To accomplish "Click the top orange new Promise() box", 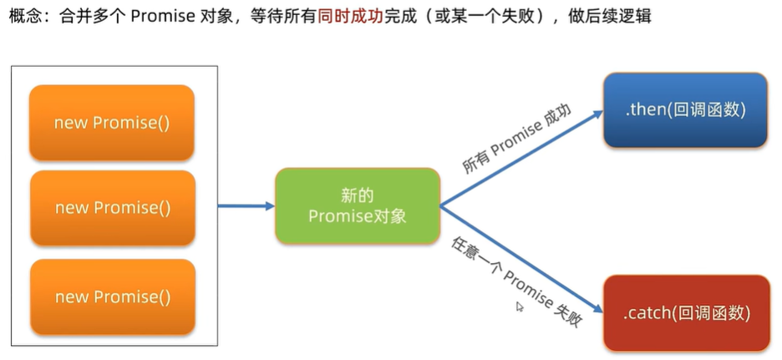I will pos(112,123).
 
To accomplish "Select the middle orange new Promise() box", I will pos(112,208).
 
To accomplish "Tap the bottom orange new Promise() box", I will pos(112,297).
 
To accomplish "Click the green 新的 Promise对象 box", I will pos(358,205).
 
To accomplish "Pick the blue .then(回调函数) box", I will pos(685,109).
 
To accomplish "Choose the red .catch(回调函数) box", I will pos(686,313).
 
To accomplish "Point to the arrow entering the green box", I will pos(246,205).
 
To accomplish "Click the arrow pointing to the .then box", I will pos(518,159).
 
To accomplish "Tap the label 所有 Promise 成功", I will pos(515,139).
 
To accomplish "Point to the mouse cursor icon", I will pos(520,307).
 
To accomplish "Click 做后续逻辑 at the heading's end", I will pos(617,16).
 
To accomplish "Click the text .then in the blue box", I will pos(643,109).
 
